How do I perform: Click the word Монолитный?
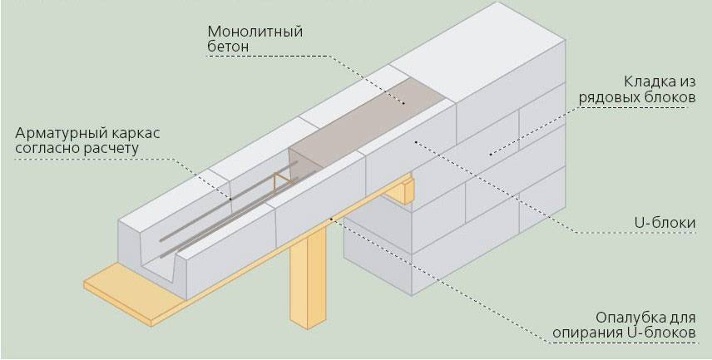(x=255, y=32)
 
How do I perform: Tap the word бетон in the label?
(x=229, y=47)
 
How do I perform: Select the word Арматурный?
(x=60, y=134)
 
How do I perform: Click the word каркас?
(x=134, y=134)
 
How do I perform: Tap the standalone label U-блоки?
(x=665, y=223)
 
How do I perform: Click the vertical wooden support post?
(x=308, y=277)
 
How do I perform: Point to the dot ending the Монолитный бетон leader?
(x=403, y=103)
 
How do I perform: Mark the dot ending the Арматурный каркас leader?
(x=230, y=199)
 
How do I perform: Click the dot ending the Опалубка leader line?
(x=331, y=219)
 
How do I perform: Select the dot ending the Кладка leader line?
(x=491, y=155)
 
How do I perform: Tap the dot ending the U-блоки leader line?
(x=416, y=142)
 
